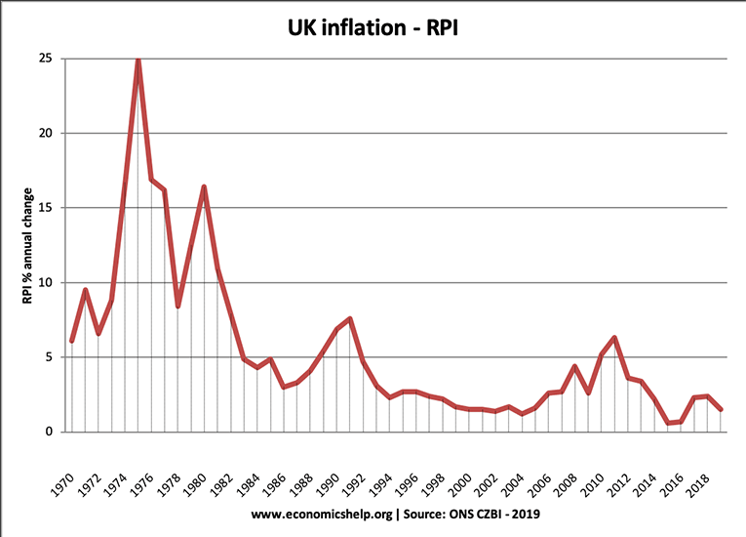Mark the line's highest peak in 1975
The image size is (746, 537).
click(x=137, y=60)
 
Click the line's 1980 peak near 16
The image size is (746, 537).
click(x=204, y=186)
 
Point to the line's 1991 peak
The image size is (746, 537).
click(x=349, y=318)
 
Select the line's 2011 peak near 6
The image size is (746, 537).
click(x=614, y=338)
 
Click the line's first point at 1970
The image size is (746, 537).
click(x=71, y=341)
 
